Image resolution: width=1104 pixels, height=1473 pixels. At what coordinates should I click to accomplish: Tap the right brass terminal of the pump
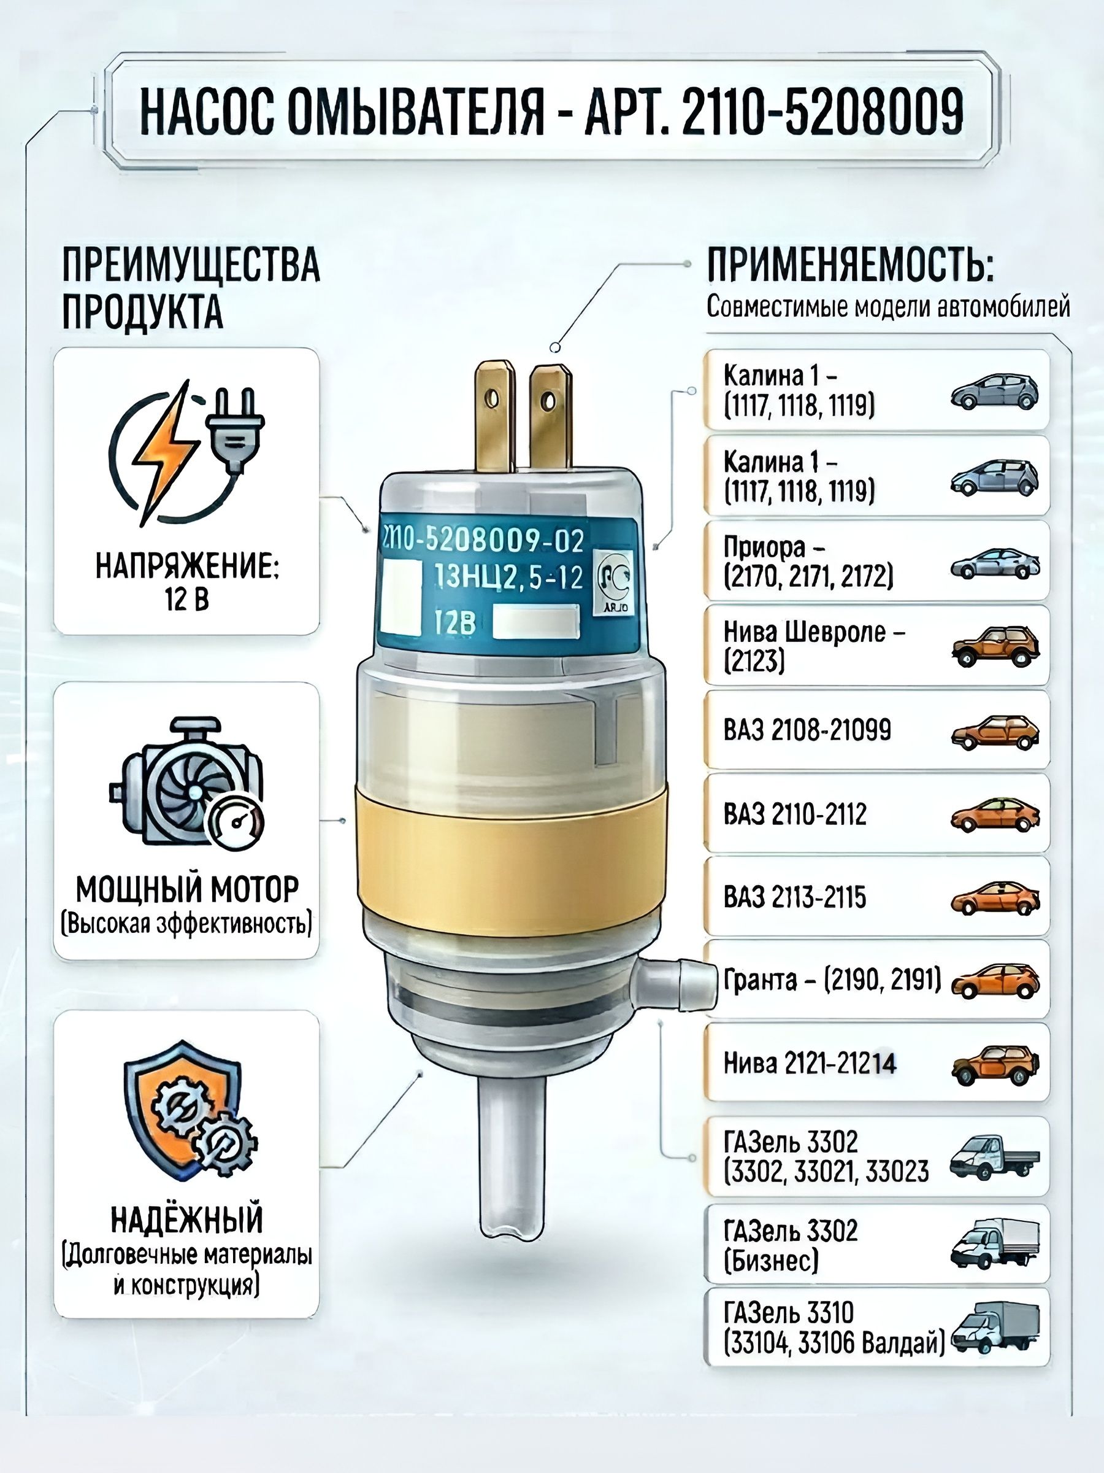pos(550,416)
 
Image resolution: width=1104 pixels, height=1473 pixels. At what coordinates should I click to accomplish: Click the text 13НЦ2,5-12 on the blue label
pos(508,578)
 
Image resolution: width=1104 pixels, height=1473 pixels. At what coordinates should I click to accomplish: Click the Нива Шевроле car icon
pos(995,645)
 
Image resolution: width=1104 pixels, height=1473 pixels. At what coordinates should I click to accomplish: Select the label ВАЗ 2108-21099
pos(807,730)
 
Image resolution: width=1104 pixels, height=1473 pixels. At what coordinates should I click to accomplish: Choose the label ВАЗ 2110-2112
pos(795,814)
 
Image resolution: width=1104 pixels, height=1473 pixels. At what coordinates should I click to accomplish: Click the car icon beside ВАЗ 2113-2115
pos(995,897)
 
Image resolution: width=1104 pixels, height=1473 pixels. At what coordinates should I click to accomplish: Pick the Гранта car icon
pos(995,981)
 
